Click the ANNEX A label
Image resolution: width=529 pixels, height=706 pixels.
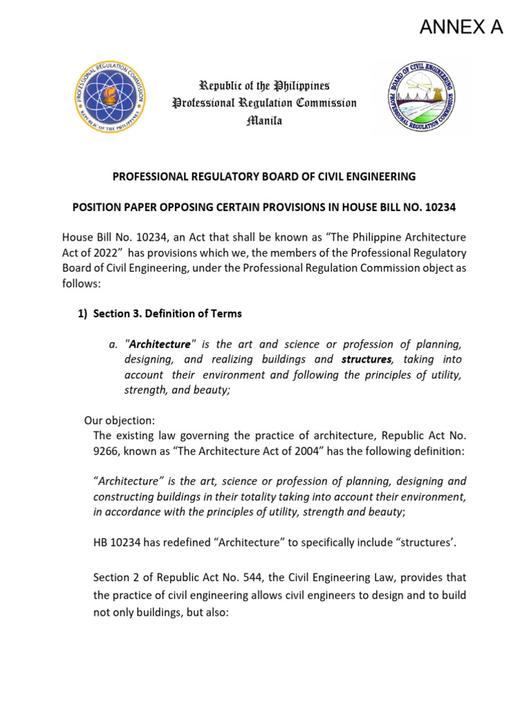click(461, 27)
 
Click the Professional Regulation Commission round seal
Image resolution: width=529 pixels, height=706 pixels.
click(110, 94)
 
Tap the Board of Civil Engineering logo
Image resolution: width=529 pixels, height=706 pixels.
click(419, 95)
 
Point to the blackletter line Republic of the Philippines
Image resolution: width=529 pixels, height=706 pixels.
click(264, 85)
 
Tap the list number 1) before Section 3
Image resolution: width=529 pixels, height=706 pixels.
click(83, 314)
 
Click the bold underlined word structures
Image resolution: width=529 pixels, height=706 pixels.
click(366, 359)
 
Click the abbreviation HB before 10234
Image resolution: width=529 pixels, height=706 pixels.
click(101, 543)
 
